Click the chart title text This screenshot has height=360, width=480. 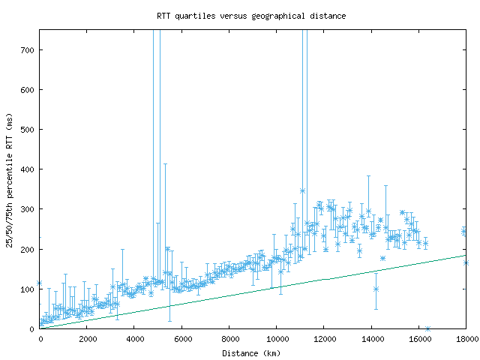pyautogui.click(x=251, y=15)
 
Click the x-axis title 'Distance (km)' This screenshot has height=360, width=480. pyautogui.click(x=251, y=352)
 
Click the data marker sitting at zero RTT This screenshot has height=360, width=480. pyautogui.click(x=427, y=328)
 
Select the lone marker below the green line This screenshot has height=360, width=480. pyautogui.click(x=376, y=289)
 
